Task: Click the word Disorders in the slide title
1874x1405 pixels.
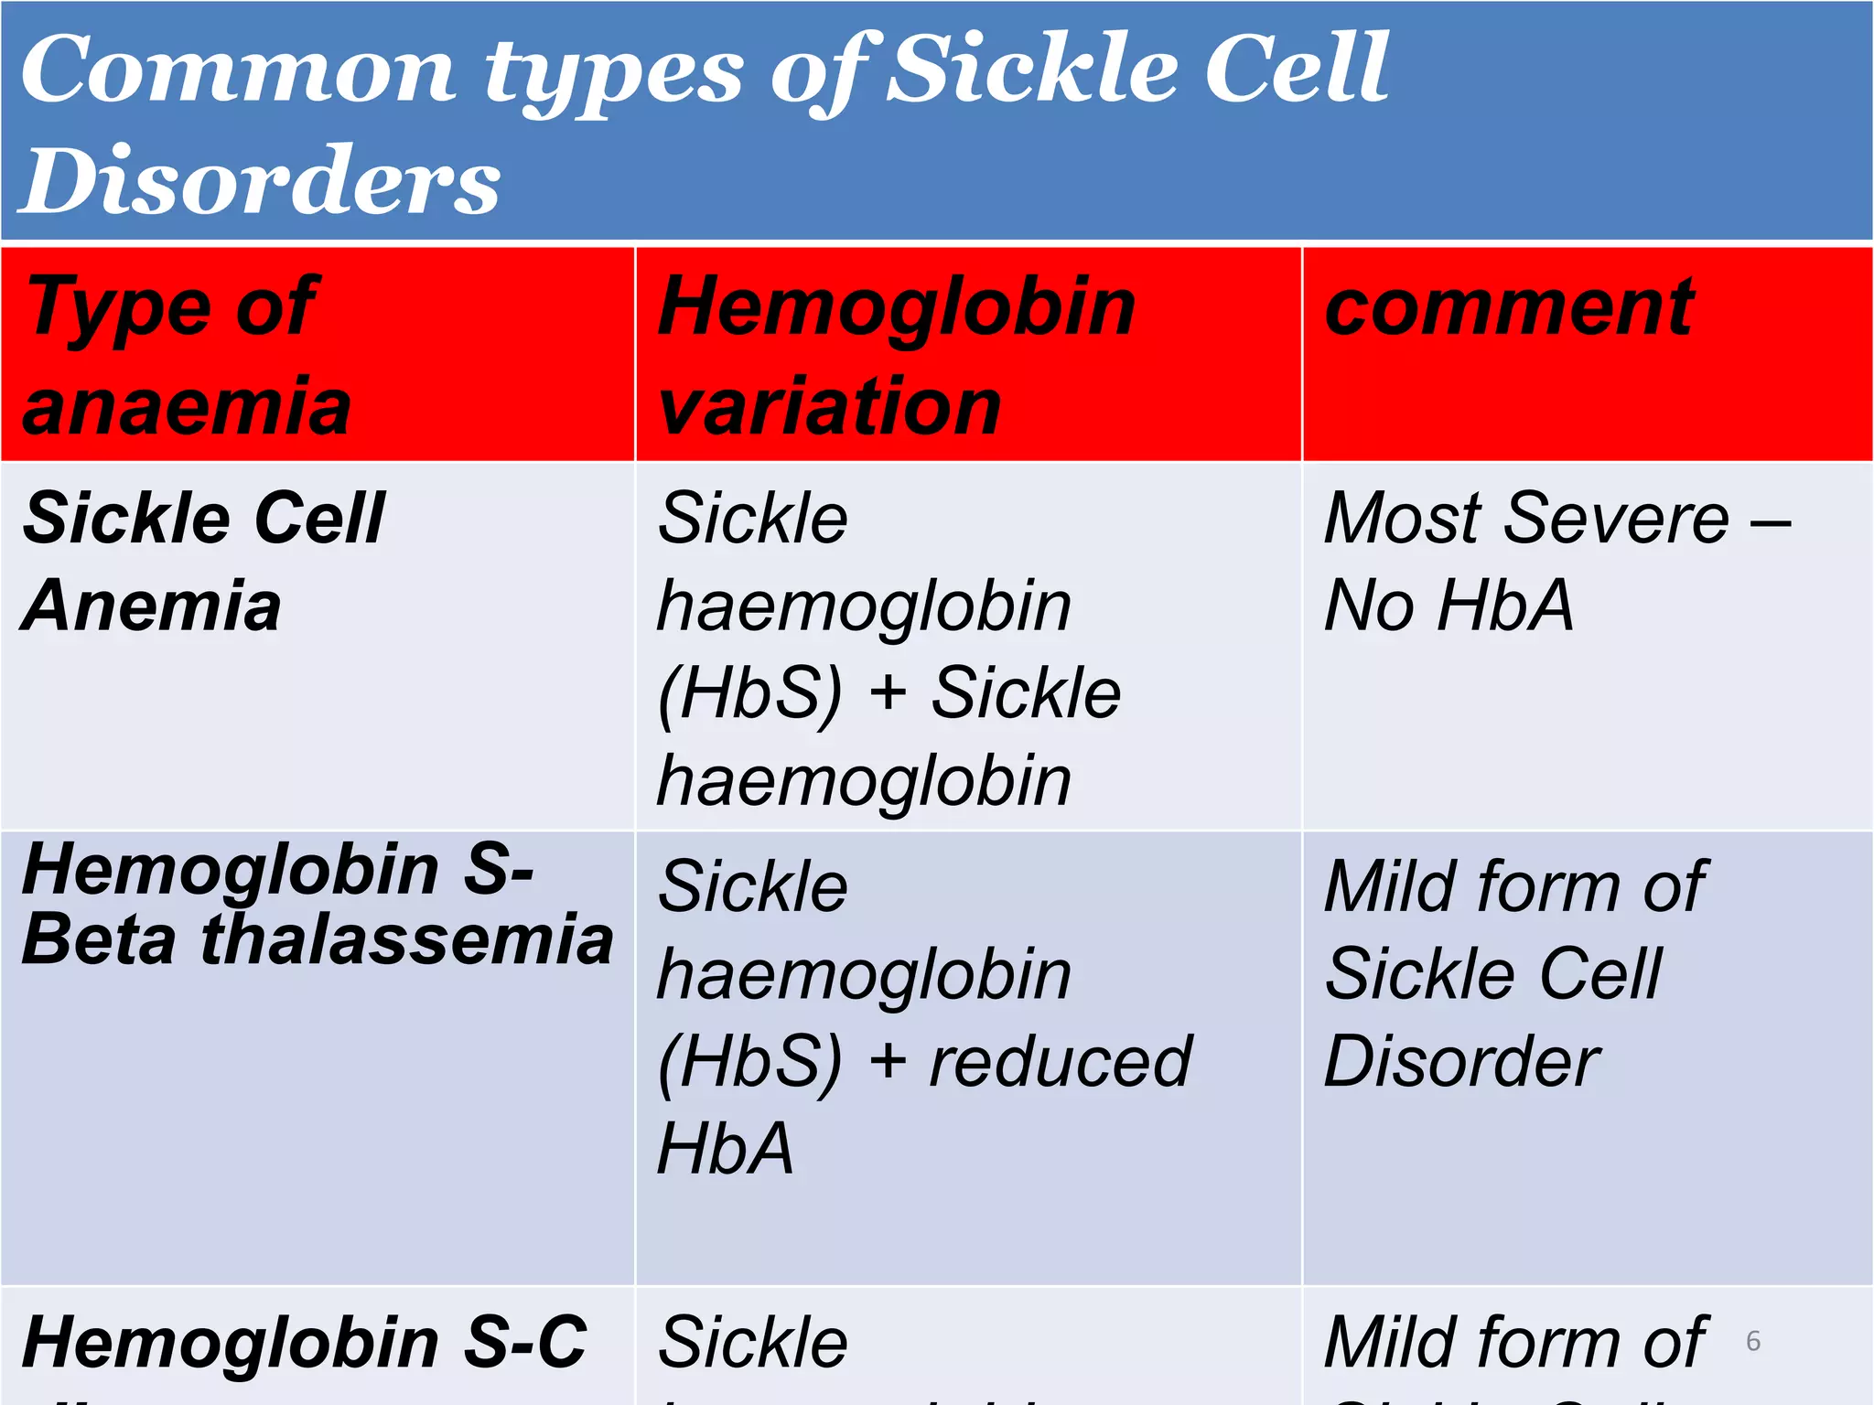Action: (x=261, y=181)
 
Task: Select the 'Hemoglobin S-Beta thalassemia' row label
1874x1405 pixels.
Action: (x=316, y=904)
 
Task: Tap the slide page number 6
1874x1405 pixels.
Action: (x=1753, y=1341)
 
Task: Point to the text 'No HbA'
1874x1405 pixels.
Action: (x=1449, y=606)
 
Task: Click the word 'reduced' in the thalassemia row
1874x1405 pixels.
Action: (x=1060, y=1061)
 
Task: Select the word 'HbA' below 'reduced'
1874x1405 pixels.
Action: (x=725, y=1149)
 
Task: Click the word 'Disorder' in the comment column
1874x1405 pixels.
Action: (x=1461, y=1061)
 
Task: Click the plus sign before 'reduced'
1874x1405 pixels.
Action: (x=887, y=1063)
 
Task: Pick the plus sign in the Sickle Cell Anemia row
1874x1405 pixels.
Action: (x=887, y=693)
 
